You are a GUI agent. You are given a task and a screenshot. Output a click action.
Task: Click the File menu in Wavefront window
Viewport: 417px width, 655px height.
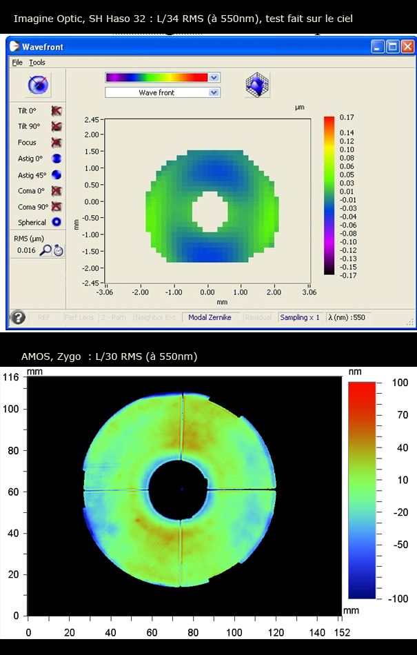[17, 63]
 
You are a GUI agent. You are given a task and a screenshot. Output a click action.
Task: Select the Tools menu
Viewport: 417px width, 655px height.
[37, 63]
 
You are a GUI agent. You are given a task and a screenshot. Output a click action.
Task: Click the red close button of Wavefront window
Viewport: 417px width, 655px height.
[407, 47]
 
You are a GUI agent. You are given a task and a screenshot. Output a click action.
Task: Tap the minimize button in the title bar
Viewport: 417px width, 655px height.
[377, 47]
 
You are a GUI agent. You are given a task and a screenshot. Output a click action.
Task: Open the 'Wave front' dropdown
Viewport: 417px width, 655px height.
[162, 92]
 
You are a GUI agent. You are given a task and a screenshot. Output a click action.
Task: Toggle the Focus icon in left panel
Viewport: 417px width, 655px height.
[57, 142]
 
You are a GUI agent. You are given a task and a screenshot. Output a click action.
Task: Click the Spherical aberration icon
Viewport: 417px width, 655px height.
[57, 222]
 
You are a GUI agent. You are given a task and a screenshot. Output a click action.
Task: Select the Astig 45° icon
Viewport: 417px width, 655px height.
[57, 174]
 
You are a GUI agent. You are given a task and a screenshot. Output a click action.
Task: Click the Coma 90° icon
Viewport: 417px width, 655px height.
[57, 206]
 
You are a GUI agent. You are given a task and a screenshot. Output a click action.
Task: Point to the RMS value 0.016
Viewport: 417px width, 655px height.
[26, 250]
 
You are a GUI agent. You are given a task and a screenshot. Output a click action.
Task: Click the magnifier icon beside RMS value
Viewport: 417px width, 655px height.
[45, 250]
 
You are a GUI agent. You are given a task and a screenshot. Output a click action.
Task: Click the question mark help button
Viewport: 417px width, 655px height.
[19, 317]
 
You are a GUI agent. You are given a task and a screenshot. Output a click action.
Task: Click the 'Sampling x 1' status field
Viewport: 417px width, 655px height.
[300, 317]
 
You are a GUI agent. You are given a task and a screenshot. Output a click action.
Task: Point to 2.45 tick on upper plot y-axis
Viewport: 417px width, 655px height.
[92, 120]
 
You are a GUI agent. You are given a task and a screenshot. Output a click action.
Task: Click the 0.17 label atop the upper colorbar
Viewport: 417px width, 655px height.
[347, 117]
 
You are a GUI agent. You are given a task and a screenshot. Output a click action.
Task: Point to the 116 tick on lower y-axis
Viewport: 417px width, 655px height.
[11, 377]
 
